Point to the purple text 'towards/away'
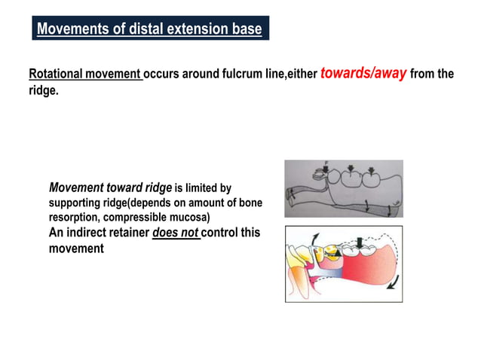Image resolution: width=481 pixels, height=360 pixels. (363, 74)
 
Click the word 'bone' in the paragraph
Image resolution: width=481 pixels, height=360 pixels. (247, 203)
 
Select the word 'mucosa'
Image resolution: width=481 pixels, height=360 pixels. (187, 217)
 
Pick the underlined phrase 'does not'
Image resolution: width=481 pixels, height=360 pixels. (175, 233)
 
